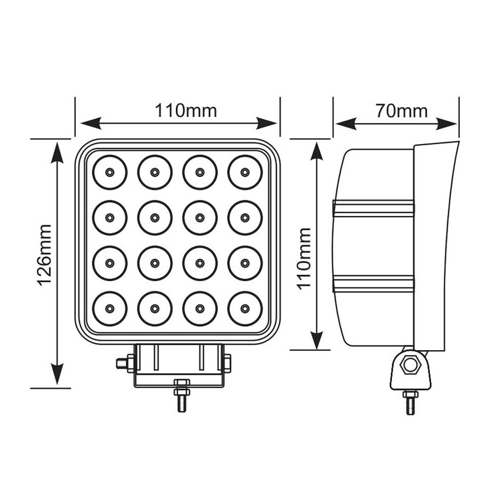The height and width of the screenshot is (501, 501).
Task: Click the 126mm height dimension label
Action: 44,254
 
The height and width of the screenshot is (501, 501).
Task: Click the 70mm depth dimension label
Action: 401,111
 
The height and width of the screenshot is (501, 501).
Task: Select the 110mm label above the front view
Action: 185,111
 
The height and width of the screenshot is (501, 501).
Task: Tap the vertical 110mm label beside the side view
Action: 304,258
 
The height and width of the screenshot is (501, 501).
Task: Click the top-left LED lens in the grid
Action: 110,172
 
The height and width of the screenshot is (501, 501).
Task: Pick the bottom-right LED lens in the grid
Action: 245,308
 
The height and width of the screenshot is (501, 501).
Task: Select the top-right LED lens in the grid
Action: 245,172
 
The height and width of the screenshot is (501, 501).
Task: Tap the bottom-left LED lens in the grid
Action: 110,308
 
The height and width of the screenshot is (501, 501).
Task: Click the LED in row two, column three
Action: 200,218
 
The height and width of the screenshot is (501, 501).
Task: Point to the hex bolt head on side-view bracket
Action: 410,365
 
